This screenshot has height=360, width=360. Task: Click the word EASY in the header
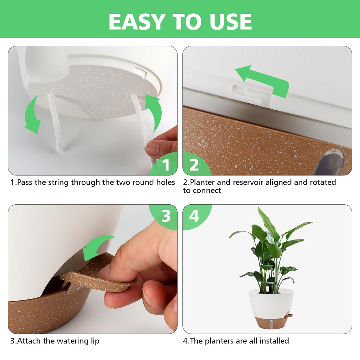[137, 21]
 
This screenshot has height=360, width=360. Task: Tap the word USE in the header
[231, 21]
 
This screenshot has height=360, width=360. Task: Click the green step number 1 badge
[164, 164]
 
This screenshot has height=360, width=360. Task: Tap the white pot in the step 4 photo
[271, 303]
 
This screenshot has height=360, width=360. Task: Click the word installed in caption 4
[274, 341]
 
